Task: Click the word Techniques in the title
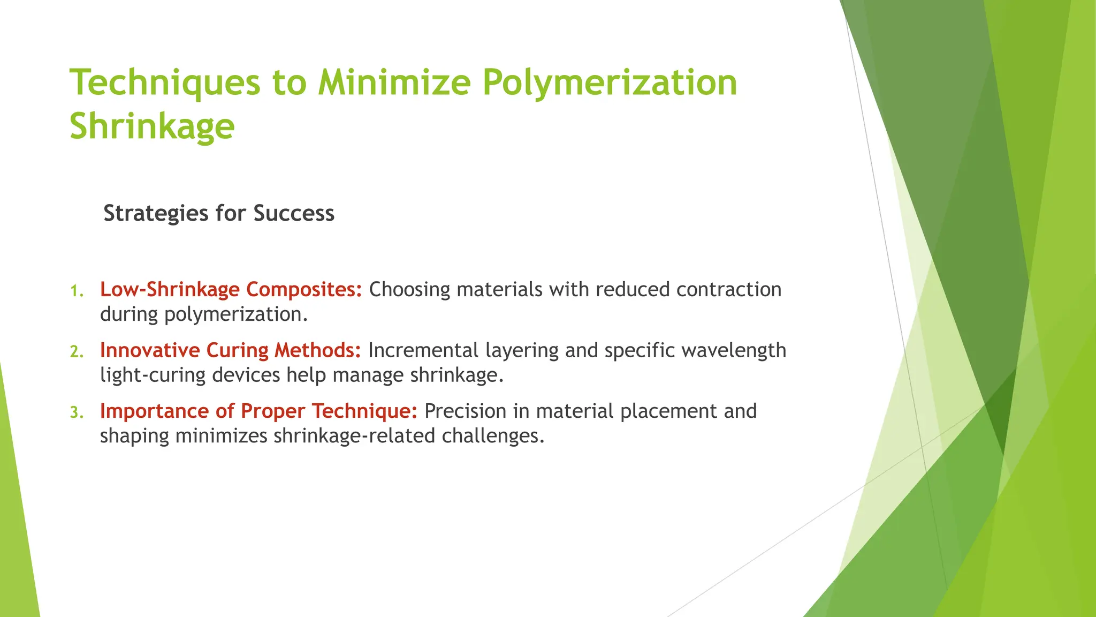click(165, 83)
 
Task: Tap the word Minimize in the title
click(394, 83)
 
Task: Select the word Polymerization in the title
click(610, 83)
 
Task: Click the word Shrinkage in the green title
click(152, 127)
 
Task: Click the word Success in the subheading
click(294, 213)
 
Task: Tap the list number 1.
click(77, 291)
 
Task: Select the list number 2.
click(77, 352)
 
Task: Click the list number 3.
click(77, 413)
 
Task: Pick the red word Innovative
click(150, 350)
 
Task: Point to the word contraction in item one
click(729, 289)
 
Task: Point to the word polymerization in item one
click(235, 314)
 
